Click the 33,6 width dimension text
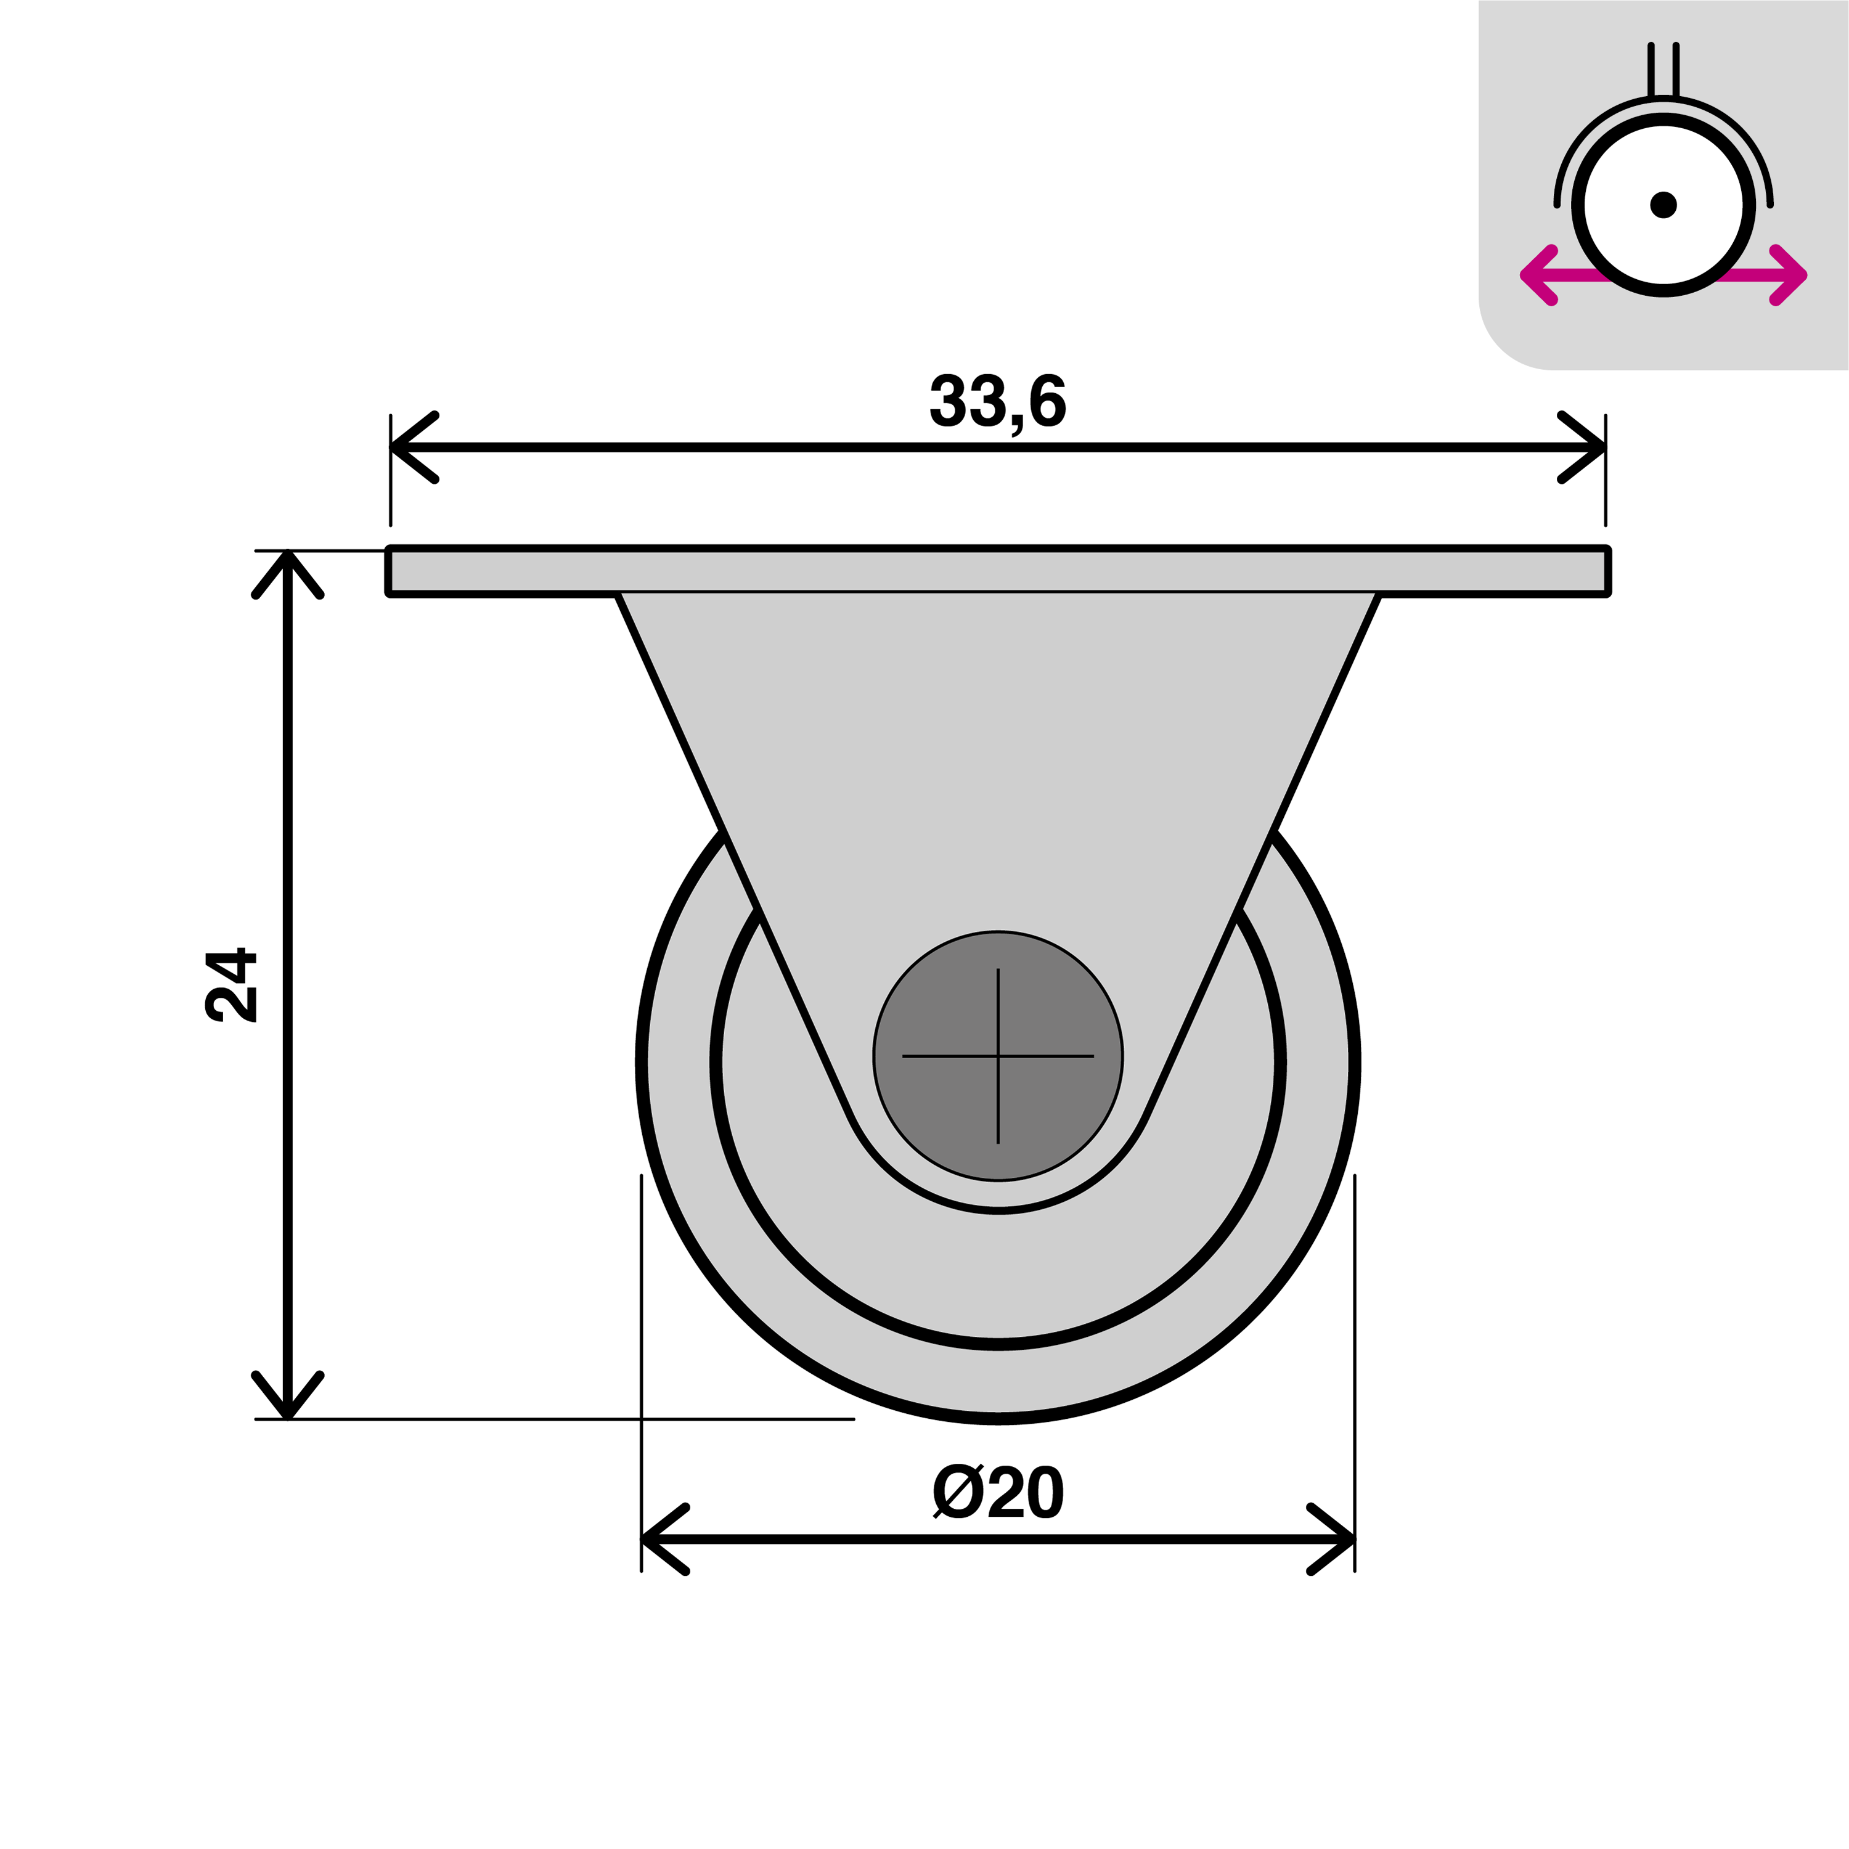point(997,402)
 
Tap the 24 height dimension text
point(232,986)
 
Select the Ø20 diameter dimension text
point(997,1493)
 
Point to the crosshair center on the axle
point(998,1056)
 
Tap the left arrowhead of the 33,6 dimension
point(407,447)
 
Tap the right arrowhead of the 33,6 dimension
point(1589,447)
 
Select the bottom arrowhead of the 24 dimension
point(288,1402)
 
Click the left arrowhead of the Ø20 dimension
point(658,1539)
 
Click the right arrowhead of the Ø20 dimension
point(1338,1539)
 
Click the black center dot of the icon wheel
point(1663,205)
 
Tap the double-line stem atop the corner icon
point(1663,70)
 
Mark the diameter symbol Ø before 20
point(957,1493)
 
